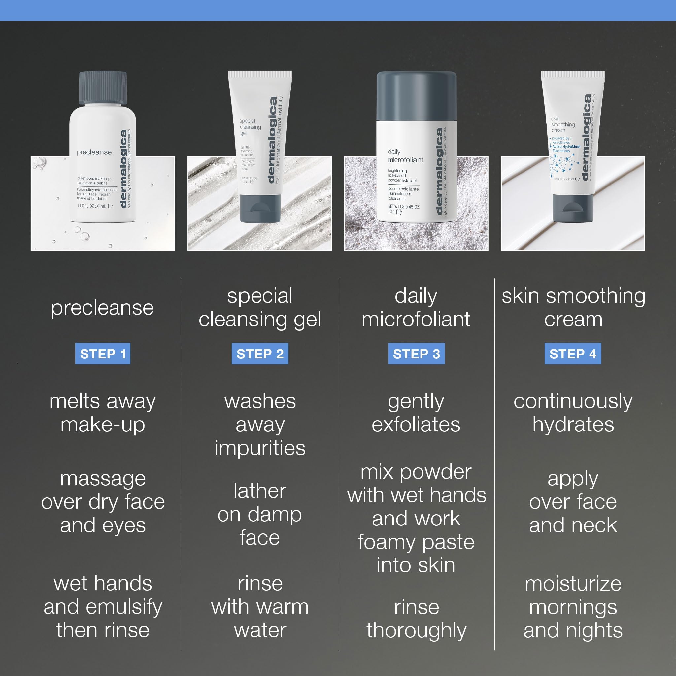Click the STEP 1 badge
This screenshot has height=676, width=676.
tap(103, 354)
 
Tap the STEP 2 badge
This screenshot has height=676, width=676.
tap(260, 354)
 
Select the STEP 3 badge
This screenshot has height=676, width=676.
tap(416, 354)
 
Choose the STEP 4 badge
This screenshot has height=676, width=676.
tap(573, 354)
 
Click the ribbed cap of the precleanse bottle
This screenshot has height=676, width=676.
tap(103, 87)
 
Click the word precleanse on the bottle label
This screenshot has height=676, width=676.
tap(94, 152)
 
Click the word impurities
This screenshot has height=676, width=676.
tap(260, 448)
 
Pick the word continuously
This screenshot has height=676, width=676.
tap(573, 401)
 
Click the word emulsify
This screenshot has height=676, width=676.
tap(124, 607)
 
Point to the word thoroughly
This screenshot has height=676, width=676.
tap(416, 630)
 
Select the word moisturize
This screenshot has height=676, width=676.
tap(573, 584)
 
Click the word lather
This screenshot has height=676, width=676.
tap(260, 491)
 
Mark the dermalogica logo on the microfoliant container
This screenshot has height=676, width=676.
tap(439, 171)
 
